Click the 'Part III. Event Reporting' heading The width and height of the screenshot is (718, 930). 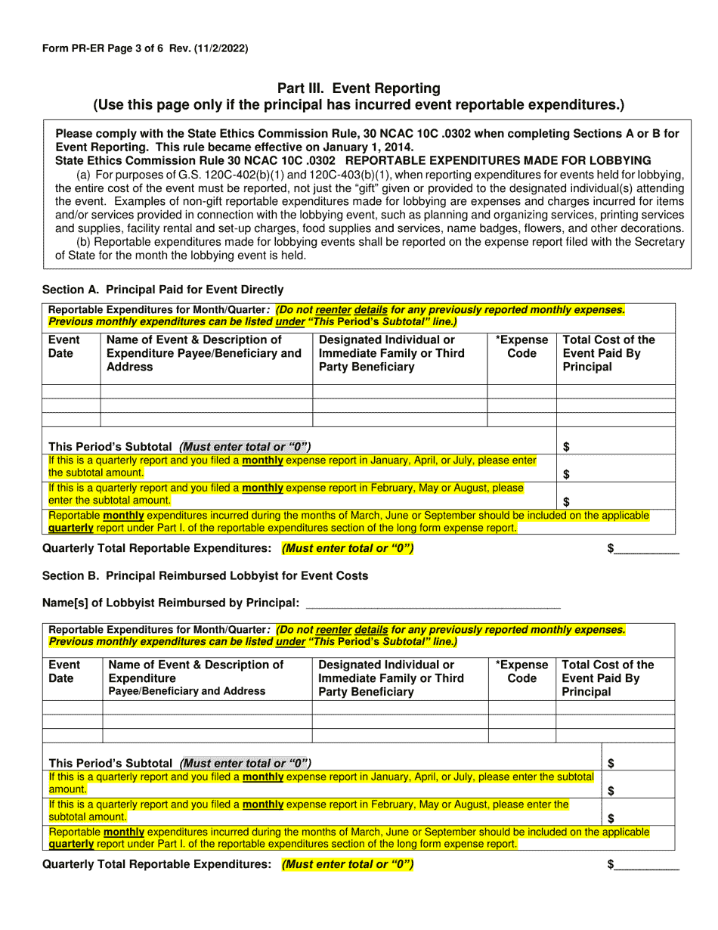pyautogui.click(x=358, y=88)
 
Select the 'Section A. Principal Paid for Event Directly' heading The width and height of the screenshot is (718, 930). pyautogui.click(x=163, y=290)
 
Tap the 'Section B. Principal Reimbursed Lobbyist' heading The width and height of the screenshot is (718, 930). pyautogui.click(x=206, y=576)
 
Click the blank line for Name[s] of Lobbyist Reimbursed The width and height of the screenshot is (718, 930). pyautogui.click(x=432, y=604)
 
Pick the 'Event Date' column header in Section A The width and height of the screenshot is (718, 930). pyautogui.click(x=64, y=347)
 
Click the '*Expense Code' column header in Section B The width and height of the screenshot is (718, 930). pyautogui.click(x=521, y=671)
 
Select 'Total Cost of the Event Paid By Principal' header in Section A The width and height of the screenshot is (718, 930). pyautogui.click(x=608, y=353)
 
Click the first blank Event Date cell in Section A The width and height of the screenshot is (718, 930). pyautogui.click(x=71, y=392)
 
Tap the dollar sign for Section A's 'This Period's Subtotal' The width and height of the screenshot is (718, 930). pyautogui.click(x=567, y=447)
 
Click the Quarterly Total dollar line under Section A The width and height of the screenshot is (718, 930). pyautogui.click(x=643, y=549)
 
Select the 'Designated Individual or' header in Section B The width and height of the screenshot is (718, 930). pyautogui.click(x=386, y=665)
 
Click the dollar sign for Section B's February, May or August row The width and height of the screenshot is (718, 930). pyautogui.click(x=611, y=818)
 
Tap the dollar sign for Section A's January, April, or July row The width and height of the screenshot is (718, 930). pyautogui.click(x=567, y=474)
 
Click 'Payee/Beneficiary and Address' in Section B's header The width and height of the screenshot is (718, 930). pyautogui.click(x=187, y=691)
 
